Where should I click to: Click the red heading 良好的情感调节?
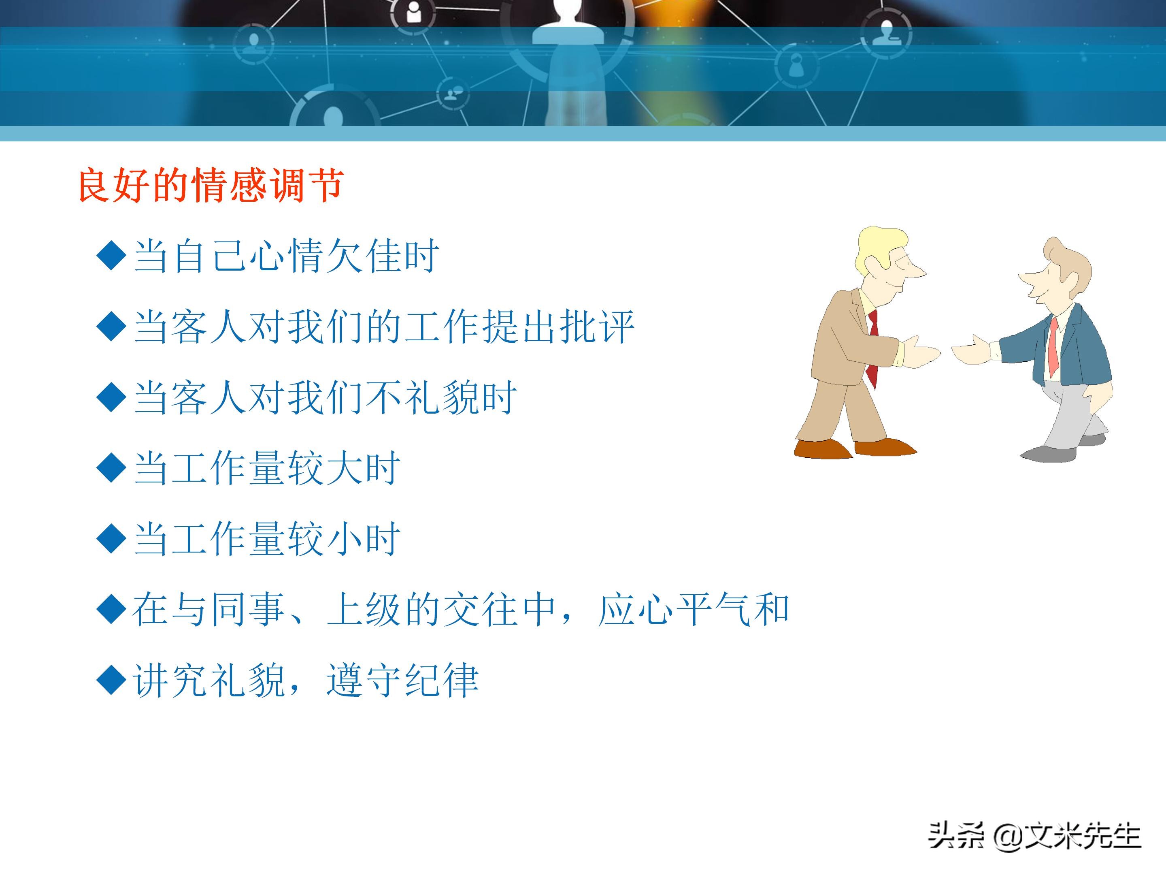(211, 185)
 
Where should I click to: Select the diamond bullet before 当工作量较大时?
(112, 467)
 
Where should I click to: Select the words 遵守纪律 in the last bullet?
(403, 681)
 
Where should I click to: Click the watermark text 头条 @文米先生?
(1034, 835)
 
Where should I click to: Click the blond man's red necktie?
(872, 348)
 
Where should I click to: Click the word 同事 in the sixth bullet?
(248, 610)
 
